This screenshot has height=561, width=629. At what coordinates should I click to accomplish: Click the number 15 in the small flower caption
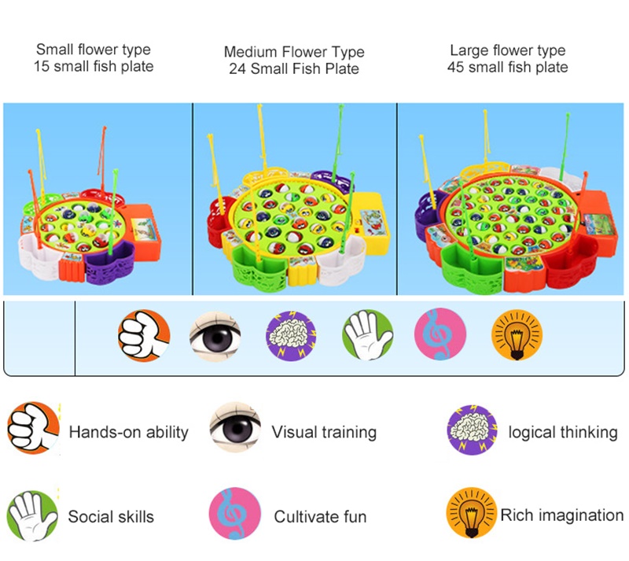(x=42, y=67)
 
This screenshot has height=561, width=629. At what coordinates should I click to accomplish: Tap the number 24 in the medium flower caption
(x=237, y=69)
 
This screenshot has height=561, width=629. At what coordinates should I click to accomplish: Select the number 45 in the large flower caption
(x=456, y=68)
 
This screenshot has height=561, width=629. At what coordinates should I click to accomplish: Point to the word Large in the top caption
(x=469, y=50)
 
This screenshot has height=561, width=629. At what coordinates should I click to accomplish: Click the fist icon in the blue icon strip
(x=144, y=334)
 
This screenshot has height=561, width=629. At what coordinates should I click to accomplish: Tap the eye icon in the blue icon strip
(x=215, y=334)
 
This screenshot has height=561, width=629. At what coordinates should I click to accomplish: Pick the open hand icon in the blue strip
(x=366, y=334)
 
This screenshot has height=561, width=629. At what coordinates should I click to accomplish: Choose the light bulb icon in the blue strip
(x=516, y=334)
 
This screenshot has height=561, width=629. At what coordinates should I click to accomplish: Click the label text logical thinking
(x=562, y=432)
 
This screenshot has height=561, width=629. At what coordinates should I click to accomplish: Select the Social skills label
(x=111, y=517)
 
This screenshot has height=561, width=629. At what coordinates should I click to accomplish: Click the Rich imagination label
(x=561, y=515)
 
